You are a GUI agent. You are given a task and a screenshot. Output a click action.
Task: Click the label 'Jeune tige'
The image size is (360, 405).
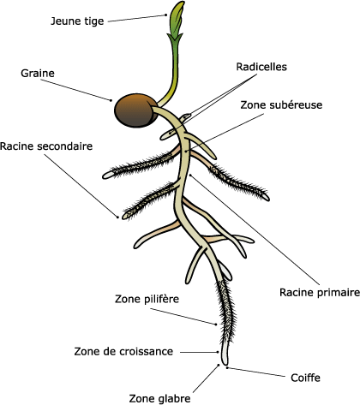(x=77, y=21)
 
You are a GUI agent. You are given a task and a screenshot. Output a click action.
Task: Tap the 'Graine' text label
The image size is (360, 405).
(x=38, y=73)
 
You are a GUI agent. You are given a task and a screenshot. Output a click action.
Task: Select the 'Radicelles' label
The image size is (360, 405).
(x=261, y=67)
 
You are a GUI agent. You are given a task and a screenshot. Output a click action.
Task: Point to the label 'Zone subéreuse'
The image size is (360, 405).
(x=281, y=104)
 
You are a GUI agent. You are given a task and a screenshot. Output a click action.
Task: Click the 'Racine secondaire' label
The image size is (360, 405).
(x=46, y=146)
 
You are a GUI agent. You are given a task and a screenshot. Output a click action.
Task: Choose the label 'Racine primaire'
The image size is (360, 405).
(x=320, y=292)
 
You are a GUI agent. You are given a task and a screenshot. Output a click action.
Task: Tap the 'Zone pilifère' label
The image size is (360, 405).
(x=147, y=299)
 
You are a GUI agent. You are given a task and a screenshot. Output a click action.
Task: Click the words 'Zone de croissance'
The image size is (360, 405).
(x=123, y=351)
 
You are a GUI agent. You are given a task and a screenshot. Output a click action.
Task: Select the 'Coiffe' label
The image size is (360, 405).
(x=305, y=378)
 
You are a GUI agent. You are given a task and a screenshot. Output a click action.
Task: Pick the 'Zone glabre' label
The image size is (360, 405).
(x=159, y=398)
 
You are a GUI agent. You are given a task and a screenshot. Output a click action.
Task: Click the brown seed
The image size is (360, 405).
(x=135, y=110)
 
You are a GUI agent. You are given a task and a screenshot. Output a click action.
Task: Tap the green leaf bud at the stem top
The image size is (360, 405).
(x=177, y=19)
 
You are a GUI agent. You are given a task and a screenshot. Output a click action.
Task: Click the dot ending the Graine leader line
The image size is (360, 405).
(x=111, y=100)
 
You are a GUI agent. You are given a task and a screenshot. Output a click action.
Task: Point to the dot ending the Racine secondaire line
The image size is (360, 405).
(x=117, y=217)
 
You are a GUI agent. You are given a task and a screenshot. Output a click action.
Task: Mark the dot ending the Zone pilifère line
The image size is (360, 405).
(x=216, y=325)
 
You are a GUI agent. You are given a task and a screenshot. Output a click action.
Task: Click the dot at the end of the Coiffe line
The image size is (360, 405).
(x=227, y=368)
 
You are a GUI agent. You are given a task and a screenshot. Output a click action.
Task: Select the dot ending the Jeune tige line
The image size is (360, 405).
(x=165, y=15)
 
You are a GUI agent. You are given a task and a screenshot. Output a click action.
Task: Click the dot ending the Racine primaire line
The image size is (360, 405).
(x=190, y=175)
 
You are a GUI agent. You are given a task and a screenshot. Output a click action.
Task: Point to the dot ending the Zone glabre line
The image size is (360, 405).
(x=219, y=365)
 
